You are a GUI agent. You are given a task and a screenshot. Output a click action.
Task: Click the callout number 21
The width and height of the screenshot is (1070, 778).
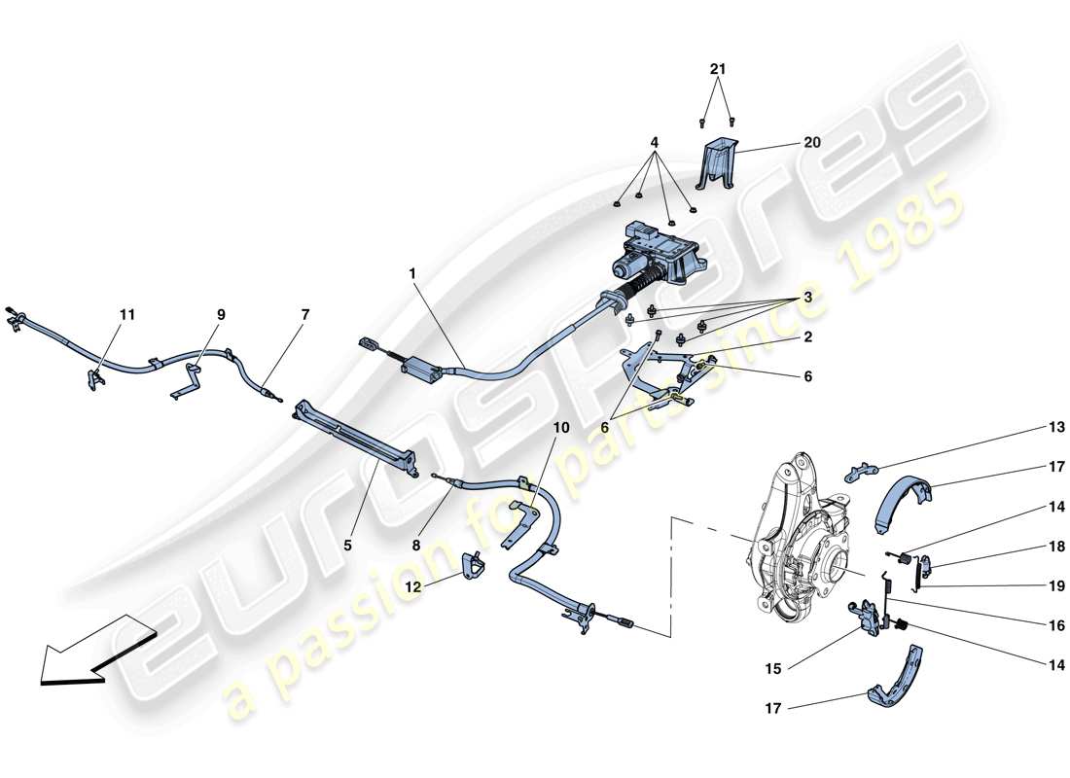717,70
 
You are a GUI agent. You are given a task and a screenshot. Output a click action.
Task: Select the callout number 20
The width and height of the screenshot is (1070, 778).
811,142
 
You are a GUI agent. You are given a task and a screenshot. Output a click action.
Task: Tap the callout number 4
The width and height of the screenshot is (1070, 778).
655,142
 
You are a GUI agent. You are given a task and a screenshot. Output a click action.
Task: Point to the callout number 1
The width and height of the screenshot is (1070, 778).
412,275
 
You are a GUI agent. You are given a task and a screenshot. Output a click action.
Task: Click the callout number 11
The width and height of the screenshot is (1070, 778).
127,315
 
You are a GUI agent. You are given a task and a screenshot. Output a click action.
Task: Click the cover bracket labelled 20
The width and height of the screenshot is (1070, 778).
721,163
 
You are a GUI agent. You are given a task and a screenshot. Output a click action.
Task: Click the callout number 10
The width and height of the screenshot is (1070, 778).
561,427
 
